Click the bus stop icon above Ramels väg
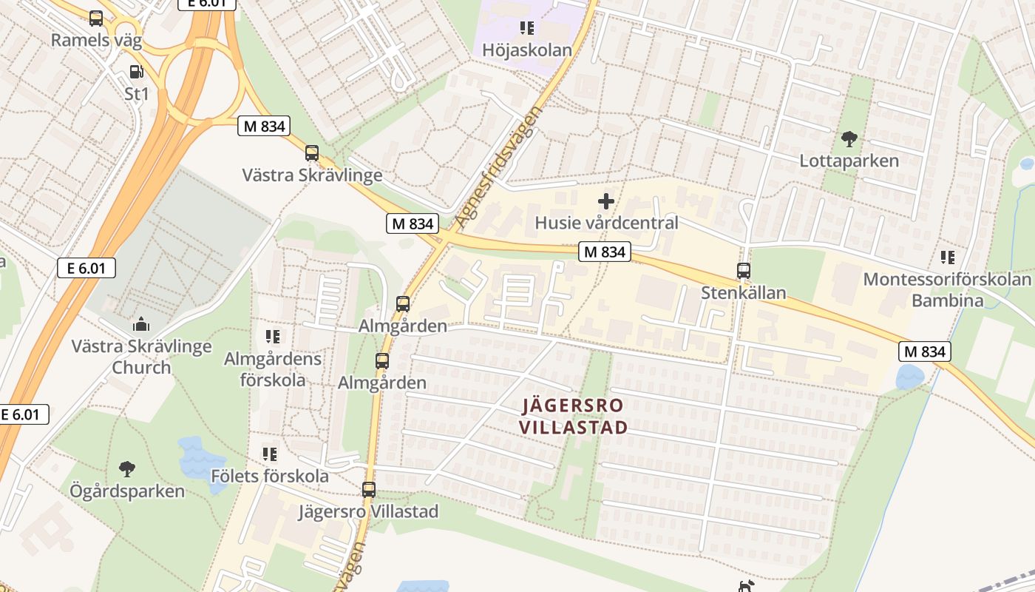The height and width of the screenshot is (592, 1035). coord(96,18)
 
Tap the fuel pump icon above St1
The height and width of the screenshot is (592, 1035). coord(136,72)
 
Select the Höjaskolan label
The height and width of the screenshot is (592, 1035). coord(527,50)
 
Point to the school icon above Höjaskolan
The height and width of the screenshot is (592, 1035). coord(527,28)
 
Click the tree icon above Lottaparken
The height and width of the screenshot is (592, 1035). coord(849,138)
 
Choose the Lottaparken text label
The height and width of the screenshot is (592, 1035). coord(849,161)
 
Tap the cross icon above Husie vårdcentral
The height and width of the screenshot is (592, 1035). coord(606,201)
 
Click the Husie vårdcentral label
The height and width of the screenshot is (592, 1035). coord(606,223)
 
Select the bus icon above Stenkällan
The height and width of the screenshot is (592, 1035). coord(744,271)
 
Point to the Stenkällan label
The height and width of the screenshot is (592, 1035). coord(744,293)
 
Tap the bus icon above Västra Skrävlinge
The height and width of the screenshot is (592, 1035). coord(312,153)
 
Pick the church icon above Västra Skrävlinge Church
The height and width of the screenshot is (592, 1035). coord(141,324)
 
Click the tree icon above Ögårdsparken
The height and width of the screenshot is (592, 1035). coord(127,468)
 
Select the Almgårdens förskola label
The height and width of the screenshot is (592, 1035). coord(274,369)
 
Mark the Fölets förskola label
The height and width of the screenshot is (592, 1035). coord(270,476)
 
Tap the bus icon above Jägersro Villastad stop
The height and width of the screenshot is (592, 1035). coord(369,489)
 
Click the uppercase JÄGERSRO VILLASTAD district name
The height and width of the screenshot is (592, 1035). coord(573,416)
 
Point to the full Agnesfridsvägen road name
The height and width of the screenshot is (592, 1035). coord(498,167)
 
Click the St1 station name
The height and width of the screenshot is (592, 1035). coord(137,94)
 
